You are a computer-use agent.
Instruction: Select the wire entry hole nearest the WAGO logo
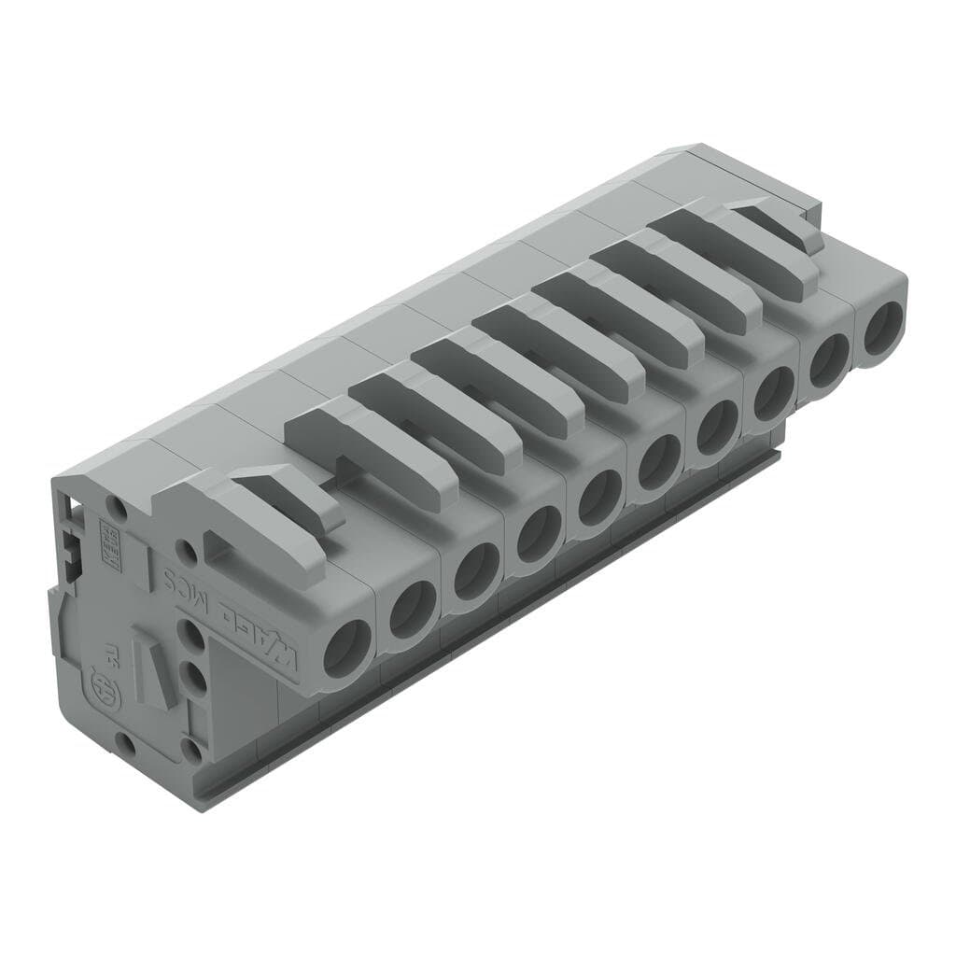pyautogui.click(x=345, y=648)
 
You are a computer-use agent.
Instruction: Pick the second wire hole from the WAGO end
pyautogui.click(x=412, y=610)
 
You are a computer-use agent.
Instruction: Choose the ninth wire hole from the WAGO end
pyautogui.click(x=827, y=359)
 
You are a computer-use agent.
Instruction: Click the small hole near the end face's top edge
pyautogui.click(x=118, y=508)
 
